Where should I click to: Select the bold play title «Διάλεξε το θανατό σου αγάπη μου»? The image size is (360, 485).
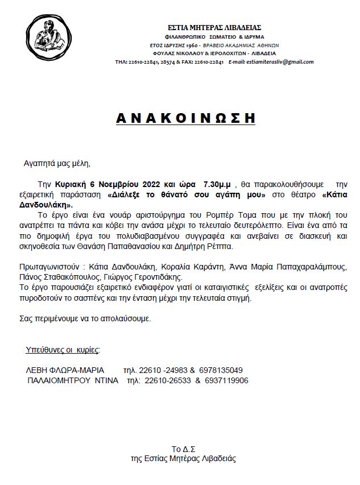click(x=188, y=194)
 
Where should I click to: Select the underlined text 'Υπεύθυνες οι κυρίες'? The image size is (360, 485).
click(x=63, y=348)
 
